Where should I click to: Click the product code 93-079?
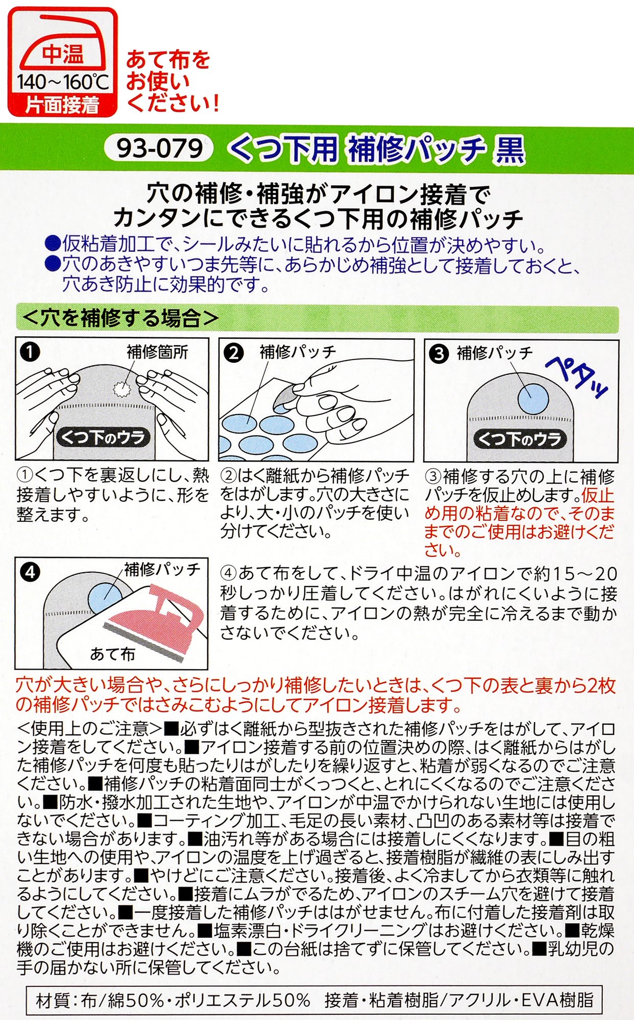tap(159, 148)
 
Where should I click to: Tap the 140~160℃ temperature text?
tap(62, 82)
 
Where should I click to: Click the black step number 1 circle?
tap(30, 352)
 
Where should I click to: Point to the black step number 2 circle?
tap(233, 353)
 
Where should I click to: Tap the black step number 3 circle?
tap(438, 353)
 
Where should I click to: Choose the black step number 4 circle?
tap(30, 572)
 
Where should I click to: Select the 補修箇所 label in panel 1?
tap(157, 352)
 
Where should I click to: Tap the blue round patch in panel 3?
tap(533, 398)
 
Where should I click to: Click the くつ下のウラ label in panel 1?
tap(103, 437)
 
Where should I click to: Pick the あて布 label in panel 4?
tap(112, 654)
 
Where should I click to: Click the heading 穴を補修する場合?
tap(120, 318)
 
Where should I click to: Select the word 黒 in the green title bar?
tap(508, 149)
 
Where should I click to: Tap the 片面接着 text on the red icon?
tap(62, 105)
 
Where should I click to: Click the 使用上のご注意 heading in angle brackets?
tap(90, 729)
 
